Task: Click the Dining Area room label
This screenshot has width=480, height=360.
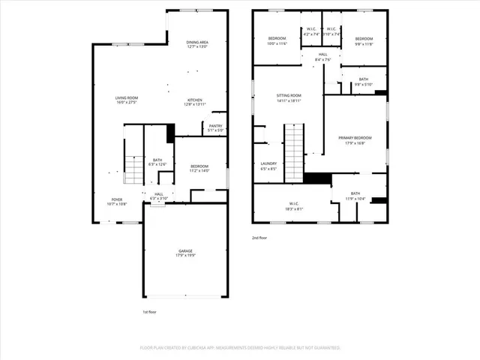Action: (x=196, y=44)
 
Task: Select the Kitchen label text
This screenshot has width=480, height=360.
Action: (x=195, y=102)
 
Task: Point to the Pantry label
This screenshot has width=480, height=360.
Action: (x=215, y=127)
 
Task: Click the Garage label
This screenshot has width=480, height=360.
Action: (x=185, y=253)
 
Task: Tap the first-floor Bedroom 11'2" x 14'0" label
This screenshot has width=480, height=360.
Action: (x=199, y=168)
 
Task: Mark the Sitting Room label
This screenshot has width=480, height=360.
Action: (x=289, y=97)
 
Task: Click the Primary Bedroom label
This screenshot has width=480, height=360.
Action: (x=355, y=140)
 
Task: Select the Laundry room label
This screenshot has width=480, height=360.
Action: (x=268, y=166)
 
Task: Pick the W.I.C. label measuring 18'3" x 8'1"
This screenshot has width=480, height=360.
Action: (x=294, y=206)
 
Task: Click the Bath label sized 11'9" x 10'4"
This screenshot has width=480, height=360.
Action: (x=355, y=196)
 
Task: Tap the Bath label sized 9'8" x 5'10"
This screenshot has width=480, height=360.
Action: (x=363, y=82)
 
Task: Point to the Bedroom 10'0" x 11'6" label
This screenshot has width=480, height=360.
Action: (x=277, y=40)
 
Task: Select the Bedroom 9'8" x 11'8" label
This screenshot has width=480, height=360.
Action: (x=364, y=40)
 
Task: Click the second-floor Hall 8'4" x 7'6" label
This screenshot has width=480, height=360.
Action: (x=322, y=57)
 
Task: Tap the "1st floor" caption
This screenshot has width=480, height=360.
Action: (x=150, y=311)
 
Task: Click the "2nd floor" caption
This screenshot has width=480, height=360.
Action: (x=259, y=238)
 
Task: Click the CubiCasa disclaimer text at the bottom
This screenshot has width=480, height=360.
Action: (x=240, y=348)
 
